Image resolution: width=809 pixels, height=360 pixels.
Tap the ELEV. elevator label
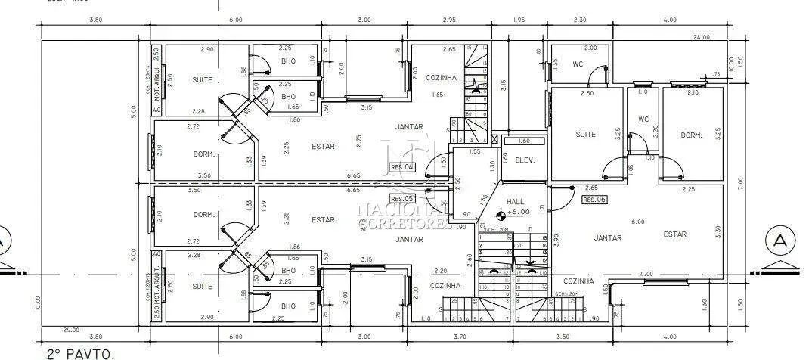click(525, 160)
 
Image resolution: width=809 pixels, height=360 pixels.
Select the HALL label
click(516, 202)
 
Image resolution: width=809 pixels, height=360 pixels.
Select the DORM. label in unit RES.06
click(691, 135)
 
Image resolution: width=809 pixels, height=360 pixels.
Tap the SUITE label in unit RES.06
click(586, 135)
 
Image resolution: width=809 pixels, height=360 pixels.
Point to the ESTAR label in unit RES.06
click(675, 234)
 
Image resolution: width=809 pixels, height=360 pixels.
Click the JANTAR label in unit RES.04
click(409, 127)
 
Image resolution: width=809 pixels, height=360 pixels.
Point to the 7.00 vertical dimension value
click(742, 182)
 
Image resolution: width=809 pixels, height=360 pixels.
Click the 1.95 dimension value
click(519, 20)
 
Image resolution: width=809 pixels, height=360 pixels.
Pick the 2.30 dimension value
click(579, 20)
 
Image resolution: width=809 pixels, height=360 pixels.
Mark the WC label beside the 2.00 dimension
click(578, 64)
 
